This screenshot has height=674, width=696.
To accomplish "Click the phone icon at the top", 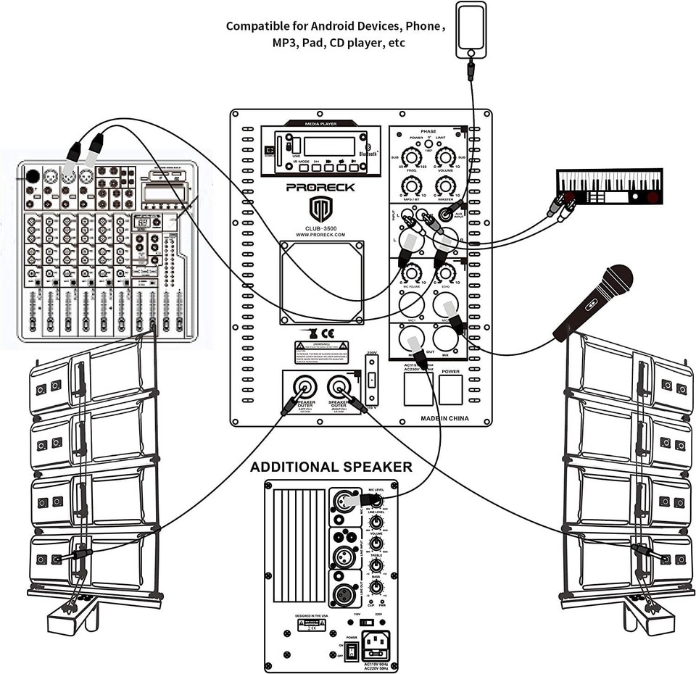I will click(471, 29).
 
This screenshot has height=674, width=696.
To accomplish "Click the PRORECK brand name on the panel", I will click(320, 187).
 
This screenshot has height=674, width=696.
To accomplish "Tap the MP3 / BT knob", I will click(412, 186).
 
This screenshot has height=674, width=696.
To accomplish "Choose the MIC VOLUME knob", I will click(413, 273).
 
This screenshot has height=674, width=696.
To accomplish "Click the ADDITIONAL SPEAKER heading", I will click(331, 467).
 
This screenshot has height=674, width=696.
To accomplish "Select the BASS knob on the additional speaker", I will click(376, 586).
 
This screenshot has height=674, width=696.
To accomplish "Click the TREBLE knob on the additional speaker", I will click(376, 565).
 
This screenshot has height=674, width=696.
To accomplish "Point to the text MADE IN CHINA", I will click(444, 418).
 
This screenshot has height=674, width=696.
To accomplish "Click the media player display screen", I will click(328, 146).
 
